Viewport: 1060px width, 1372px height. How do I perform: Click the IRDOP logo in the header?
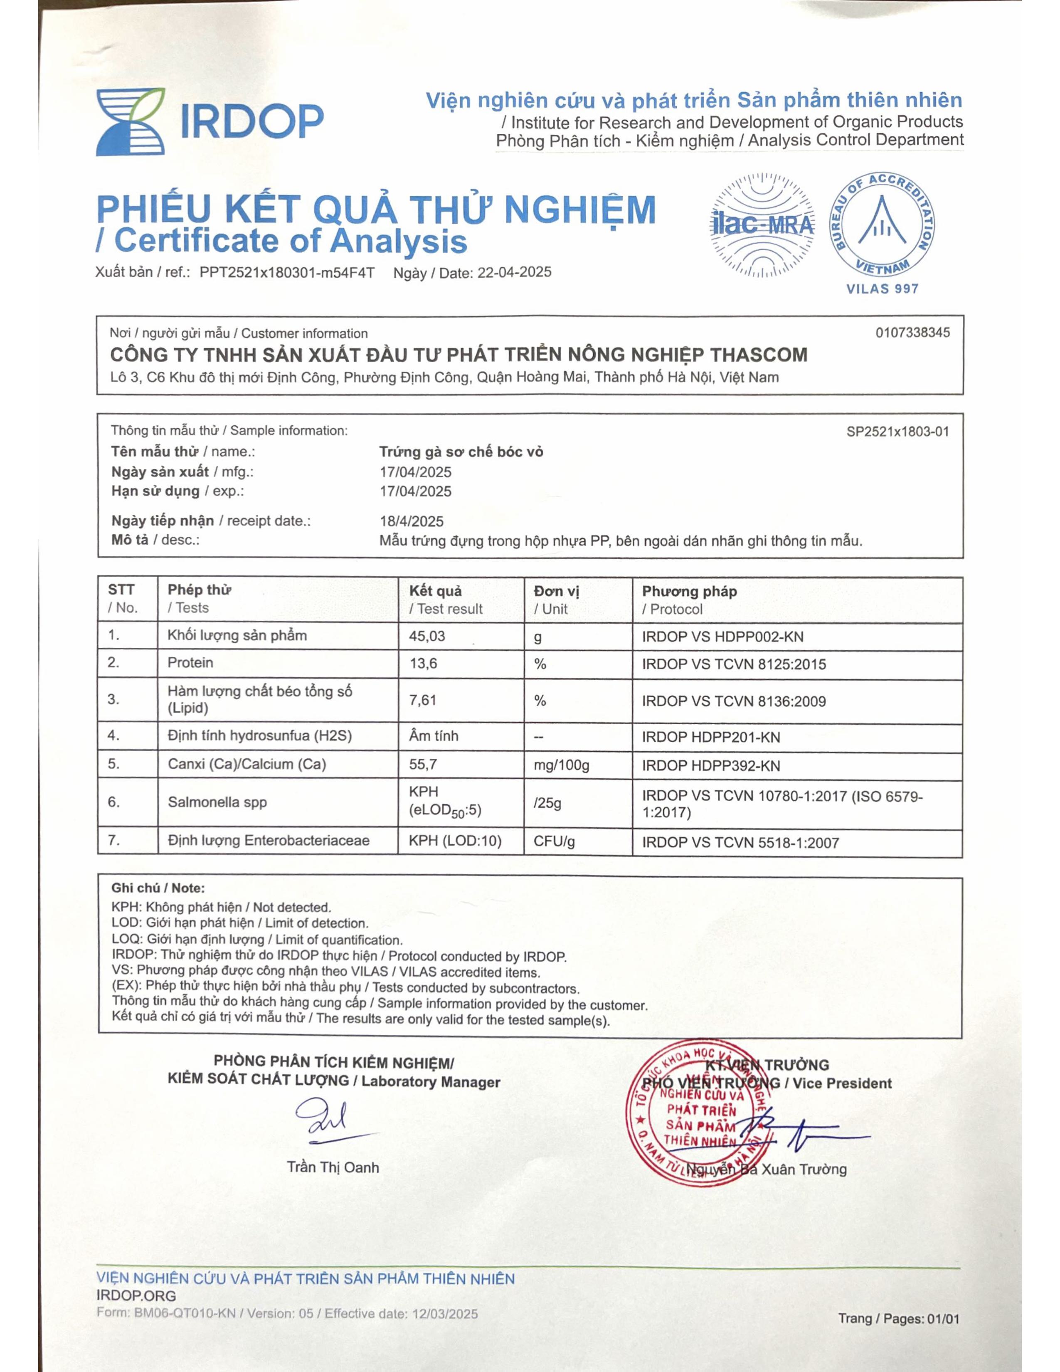pos(209,121)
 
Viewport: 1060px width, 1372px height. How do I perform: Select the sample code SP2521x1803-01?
pos(897,432)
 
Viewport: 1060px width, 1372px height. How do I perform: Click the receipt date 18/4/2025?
pos(411,521)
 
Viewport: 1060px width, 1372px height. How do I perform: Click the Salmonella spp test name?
pos(217,802)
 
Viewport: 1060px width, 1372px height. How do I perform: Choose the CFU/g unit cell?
pos(554,841)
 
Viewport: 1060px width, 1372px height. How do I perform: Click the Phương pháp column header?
pos(689,591)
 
